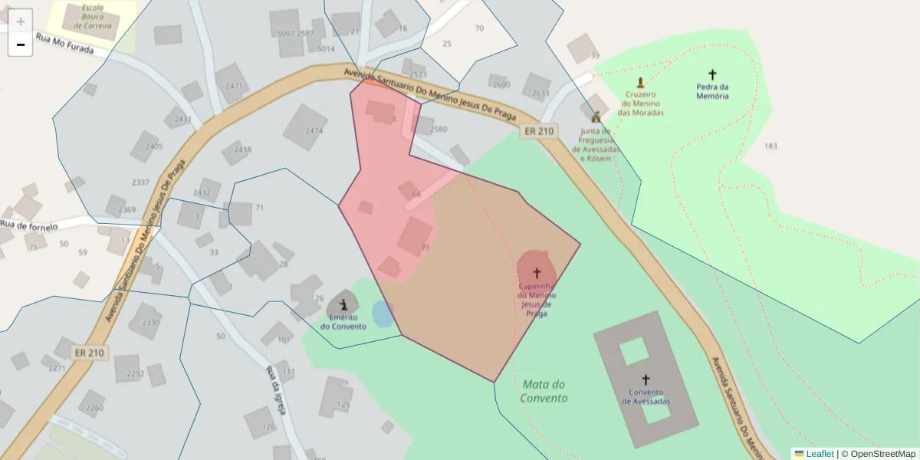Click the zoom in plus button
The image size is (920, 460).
(x=21, y=21)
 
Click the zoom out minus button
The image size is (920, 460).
(x=21, y=45)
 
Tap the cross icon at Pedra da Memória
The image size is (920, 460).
(x=712, y=75)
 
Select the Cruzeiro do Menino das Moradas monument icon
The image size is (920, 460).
(x=640, y=82)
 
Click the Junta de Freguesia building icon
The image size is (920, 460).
(x=596, y=117)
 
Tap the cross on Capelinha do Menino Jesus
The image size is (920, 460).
(x=537, y=272)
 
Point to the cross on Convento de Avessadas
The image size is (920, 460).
(x=646, y=379)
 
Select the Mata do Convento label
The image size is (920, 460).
(x=544, y=391)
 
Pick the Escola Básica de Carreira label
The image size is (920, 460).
(x=93, y=17)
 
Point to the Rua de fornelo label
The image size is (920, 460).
(x=30, y=225)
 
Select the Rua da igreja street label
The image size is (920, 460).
(x=276, y=390)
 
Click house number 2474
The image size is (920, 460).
(x=314, y=131)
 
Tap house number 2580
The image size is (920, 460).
(x=439, y=130)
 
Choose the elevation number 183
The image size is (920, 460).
(x=770, y=146)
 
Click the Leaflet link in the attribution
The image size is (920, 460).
(x=819, y=454)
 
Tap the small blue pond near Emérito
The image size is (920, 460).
(x=382, y=314)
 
